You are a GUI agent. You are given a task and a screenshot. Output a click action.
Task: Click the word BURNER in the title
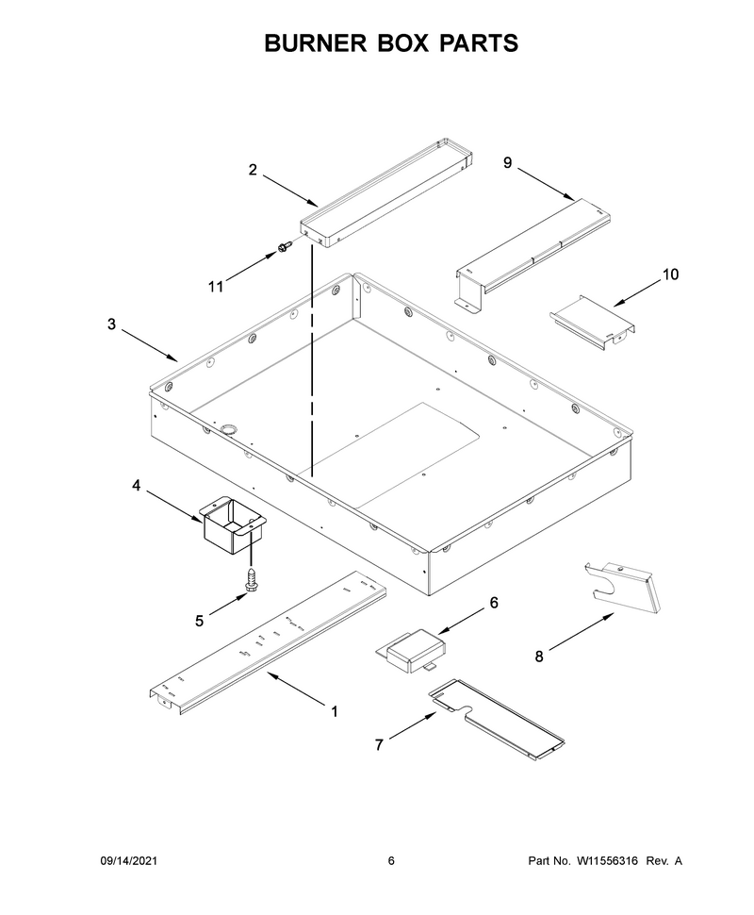(316, 43)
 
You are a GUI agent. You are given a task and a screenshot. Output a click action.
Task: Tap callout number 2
(253, 170)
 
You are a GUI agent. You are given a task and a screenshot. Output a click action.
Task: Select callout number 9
(507, 163)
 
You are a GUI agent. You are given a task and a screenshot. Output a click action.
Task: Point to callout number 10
(671, 274)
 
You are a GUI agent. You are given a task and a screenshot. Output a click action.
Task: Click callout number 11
(216, 287)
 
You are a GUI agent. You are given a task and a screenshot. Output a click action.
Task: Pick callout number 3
(111, 324)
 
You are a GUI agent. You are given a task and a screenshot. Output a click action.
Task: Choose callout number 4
(136, 486)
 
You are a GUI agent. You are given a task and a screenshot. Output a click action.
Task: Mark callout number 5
(200, 622)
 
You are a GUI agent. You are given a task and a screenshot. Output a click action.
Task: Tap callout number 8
(539, 657)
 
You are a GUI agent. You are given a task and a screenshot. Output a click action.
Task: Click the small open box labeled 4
(233, 524)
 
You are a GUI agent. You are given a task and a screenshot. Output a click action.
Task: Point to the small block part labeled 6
(411, 650)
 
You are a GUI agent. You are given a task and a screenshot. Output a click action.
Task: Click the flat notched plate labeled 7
(497, 719)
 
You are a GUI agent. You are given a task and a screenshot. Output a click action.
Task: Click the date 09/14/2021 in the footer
(129, 860)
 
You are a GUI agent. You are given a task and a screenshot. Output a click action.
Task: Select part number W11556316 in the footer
(607, 860)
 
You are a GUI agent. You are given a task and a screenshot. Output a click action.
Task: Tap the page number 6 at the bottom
(391, 860)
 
